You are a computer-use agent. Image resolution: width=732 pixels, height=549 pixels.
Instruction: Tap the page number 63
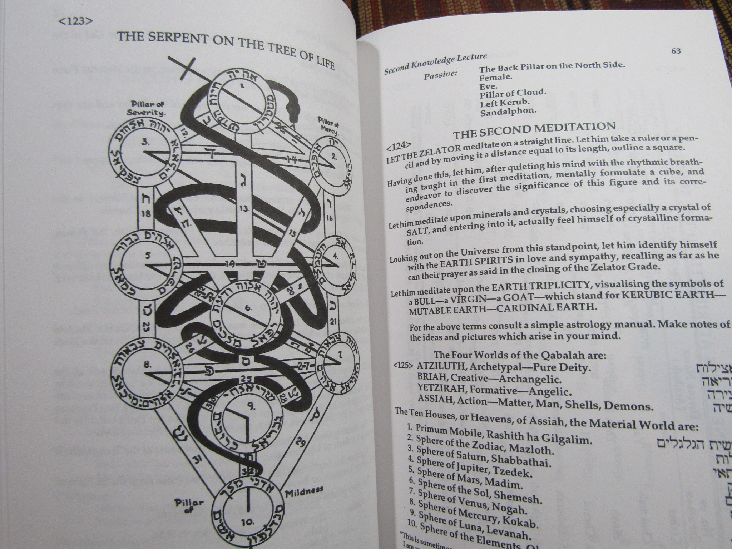point(676,51)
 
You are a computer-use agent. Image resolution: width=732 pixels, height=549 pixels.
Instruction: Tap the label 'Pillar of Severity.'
point(147,108)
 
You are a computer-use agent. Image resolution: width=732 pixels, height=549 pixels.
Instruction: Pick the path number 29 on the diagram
point(301,444)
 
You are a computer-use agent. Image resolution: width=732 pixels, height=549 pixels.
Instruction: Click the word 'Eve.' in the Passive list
point(488,87)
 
